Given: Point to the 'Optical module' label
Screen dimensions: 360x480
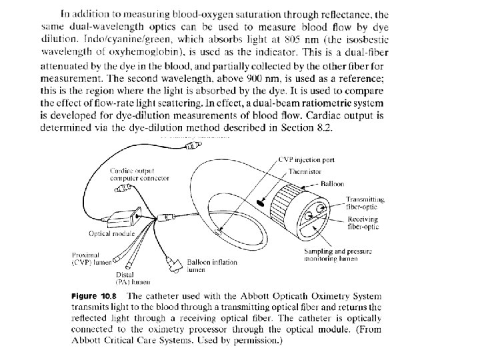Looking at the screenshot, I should coord(113,234).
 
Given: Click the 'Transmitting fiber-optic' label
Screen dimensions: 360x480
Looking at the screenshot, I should coord(365,203).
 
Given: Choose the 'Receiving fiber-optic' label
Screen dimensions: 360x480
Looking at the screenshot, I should coord(363,222).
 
